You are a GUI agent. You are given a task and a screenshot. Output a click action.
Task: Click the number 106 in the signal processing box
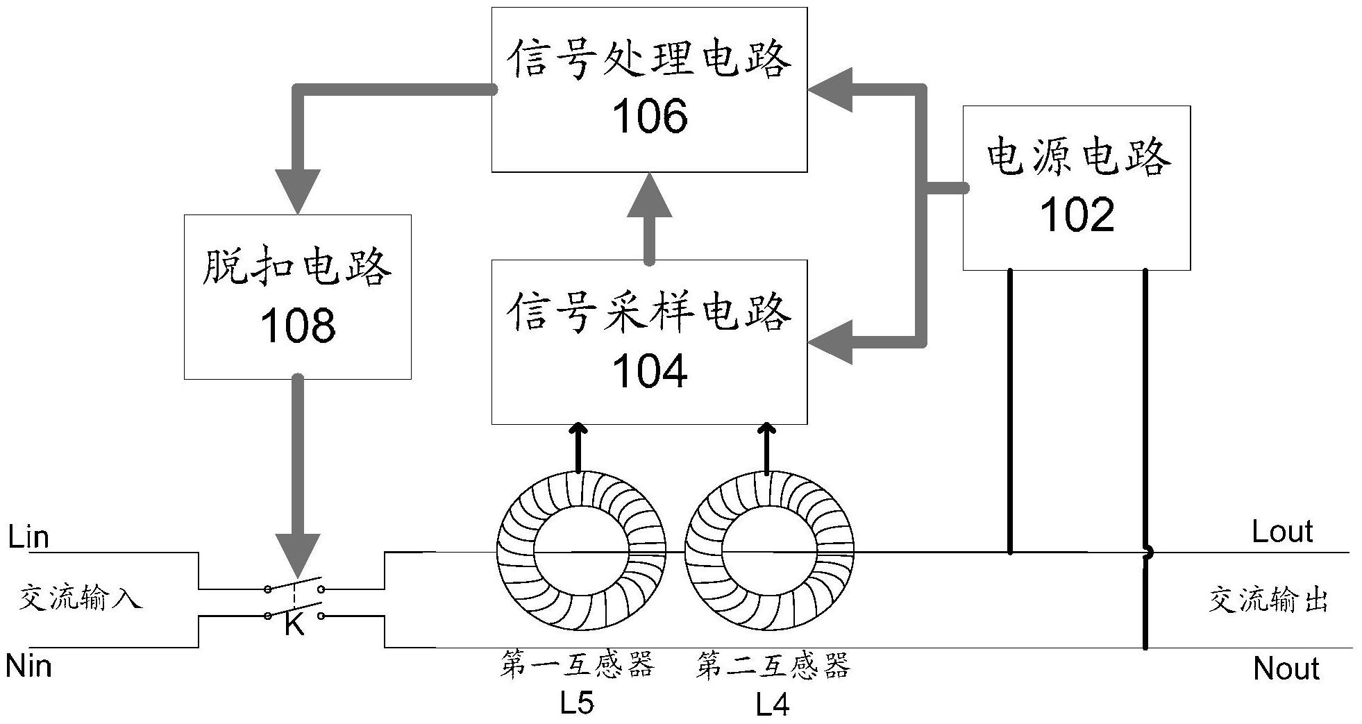(x=650, y=117)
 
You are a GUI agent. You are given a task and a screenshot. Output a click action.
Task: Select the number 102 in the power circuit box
(x=1077, y=215)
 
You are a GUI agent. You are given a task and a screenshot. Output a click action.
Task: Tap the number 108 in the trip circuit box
(x=297, y=326)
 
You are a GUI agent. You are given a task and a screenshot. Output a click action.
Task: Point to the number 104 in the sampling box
(x=650, y=371)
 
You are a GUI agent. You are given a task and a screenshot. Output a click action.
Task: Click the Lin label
(x=28, y=537)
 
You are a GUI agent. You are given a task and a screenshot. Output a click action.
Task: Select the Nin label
(x=28, y=666)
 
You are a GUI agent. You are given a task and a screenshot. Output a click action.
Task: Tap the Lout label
(x=1282, y=532)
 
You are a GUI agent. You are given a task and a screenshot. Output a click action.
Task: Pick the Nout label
(x=1286, y=668)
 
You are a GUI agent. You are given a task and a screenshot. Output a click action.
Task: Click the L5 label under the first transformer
(x=577, y=703)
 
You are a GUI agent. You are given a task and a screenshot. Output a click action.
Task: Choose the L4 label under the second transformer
(x=772, y=706)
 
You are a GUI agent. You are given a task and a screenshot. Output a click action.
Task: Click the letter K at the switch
(x=294, y=625)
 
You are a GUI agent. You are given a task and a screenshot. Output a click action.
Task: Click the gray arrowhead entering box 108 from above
(x=297, y=191)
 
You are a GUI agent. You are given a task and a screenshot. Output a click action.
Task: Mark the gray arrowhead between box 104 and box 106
(x=649, y=196)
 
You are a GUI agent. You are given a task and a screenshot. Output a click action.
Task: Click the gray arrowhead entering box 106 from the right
(x=830, y=90)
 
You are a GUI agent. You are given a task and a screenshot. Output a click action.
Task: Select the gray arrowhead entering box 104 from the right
(x=830, y=342)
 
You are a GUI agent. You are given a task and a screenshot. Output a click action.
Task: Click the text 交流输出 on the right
(x=1268, y=600)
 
